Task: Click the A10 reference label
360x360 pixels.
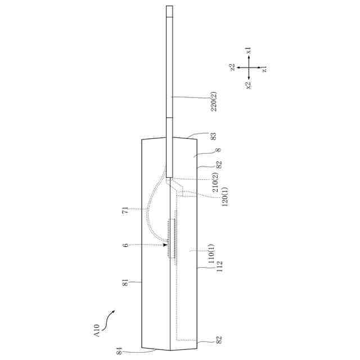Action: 97,331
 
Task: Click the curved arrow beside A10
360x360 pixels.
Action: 107,320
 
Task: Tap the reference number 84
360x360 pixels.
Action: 119,351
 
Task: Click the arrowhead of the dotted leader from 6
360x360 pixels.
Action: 165,245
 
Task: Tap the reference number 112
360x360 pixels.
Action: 220,266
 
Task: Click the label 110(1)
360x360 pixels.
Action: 211,254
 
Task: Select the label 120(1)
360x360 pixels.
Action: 225,196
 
